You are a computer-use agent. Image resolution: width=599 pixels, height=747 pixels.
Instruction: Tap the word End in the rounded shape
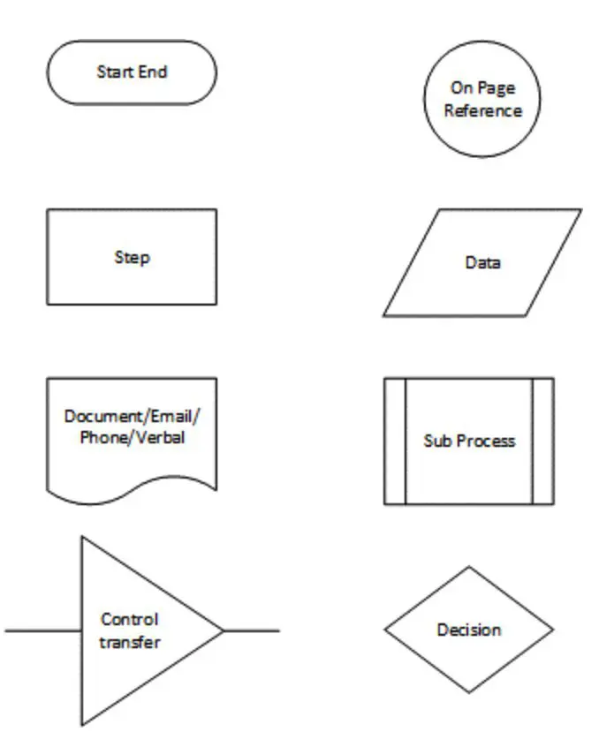[153, 72]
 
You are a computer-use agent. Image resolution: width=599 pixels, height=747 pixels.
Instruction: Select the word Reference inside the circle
[483, 110]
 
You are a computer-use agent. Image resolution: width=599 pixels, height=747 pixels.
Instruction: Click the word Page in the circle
[497, 88]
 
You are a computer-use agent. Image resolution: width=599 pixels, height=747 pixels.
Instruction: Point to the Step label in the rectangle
[132, 258]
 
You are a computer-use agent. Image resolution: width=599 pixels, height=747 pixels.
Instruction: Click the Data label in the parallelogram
[482, 262]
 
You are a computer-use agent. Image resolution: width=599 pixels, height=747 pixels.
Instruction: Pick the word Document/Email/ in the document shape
[133, 417]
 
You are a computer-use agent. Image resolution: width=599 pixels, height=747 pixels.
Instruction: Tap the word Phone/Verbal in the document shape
[133, 437]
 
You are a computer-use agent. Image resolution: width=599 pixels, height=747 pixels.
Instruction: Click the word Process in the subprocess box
[486, 441]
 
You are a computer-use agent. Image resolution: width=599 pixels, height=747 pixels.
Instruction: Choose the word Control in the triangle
[130, 619]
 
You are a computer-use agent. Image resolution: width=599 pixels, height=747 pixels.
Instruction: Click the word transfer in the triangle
[130, 642]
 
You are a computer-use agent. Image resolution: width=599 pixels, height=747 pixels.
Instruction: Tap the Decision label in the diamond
[469, 630]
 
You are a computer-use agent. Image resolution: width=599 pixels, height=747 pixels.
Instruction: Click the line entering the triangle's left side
[43, 630]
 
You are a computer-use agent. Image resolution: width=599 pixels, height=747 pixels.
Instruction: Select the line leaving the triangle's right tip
[252, 630]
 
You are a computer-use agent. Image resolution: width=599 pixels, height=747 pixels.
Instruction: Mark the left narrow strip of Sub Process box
[395, 441]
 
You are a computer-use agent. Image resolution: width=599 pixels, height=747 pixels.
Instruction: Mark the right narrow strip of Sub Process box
[542, 441]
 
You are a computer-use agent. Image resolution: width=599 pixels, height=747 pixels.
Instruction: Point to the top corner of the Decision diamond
[469, 567]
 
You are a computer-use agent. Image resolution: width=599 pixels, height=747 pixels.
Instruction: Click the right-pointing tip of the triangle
[223, 630]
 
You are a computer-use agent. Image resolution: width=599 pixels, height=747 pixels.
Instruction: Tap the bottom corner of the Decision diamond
[469, 692]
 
